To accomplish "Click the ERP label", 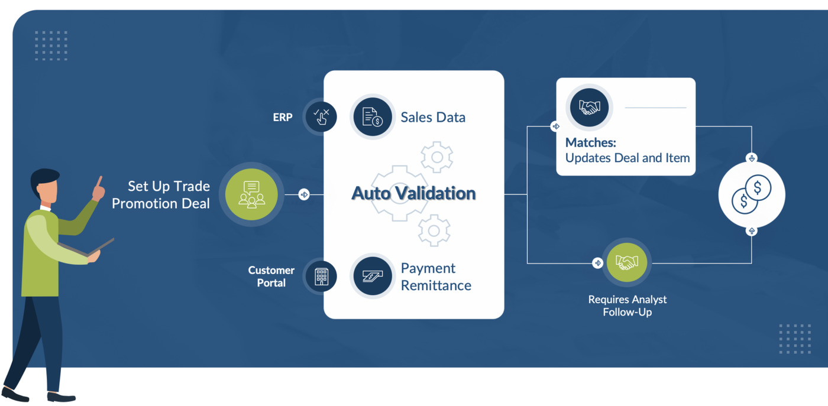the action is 283,117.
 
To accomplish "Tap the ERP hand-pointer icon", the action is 321,117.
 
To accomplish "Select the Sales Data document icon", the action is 372,117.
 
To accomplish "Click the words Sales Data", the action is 433,117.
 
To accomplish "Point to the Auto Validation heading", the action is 413,193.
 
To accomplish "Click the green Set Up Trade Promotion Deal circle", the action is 251,194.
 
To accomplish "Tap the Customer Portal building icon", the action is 321,277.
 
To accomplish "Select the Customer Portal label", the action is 271,277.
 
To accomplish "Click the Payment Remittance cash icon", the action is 372,276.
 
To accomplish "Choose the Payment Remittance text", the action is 436,277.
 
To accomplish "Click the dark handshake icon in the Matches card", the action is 589,108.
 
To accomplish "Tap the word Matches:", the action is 591,142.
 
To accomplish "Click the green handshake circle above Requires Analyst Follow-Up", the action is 626,262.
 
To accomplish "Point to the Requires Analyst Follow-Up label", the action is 628,306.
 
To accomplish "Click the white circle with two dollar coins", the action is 752,194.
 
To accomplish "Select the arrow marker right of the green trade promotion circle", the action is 304,194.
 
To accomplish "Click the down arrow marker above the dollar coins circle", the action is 752,158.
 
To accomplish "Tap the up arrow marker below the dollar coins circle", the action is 752,231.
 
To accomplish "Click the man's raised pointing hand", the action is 99,189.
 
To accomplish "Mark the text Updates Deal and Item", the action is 628,158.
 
